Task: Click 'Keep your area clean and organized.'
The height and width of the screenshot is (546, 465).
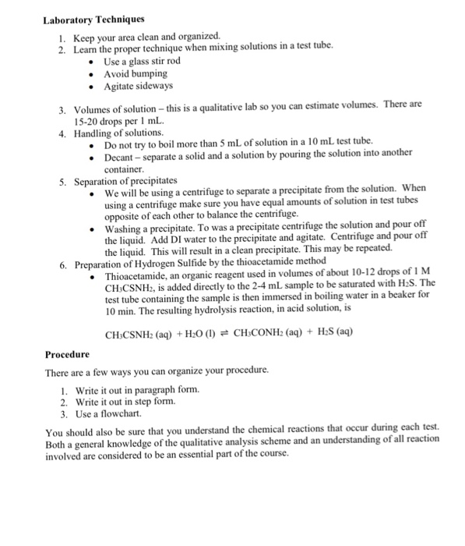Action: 146,37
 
